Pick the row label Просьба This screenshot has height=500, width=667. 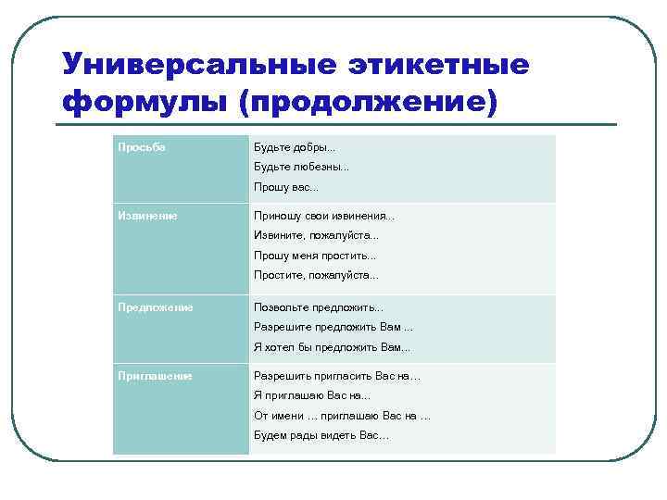coord(142,147)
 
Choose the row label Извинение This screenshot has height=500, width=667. coord(147,216)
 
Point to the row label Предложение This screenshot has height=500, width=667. coord(155,307)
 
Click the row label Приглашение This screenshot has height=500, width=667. coord(155,376)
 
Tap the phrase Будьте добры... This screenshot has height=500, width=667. coord(296,147)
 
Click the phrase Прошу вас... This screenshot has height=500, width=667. coord(286,188)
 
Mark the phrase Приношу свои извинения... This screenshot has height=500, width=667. coord(324,216)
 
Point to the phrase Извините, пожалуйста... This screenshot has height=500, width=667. coord(317,235)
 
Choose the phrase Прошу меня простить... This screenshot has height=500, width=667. coord(316,256)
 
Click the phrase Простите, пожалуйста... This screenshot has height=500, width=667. coord(317,275)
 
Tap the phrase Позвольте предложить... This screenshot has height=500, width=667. coord(319,307)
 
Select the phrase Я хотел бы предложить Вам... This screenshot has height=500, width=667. coord(332,347)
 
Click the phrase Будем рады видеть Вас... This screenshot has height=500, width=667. coord(321,435)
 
